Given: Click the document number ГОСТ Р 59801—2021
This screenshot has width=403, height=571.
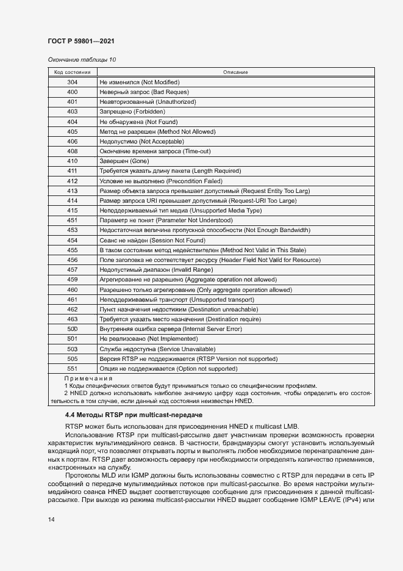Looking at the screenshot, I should pyautogui.click(x=80, y=41).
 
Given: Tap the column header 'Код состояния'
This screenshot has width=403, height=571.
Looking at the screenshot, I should pyautogui.click(x=72, y=72).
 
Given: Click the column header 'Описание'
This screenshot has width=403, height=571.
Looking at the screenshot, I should pyautogui.click(x=235, y=72).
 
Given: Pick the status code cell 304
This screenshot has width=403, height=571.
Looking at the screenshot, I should pyautogui.click(x=72, y=82).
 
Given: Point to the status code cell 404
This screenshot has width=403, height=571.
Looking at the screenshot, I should pyautogui.click(x=72, y=122).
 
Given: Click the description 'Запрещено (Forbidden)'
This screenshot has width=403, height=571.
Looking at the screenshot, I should pyautogui.click(x=132, y=112).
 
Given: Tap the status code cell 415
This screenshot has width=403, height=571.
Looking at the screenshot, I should pyautogui.click(x=72, y=211).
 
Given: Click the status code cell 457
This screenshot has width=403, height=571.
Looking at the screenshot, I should pyautogui.click(x=72, y=270).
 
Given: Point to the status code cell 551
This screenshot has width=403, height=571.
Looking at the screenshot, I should pyautogui.click(x=72, y=369).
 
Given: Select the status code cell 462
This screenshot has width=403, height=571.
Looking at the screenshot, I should pyautogui.click(x=72, y=310).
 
